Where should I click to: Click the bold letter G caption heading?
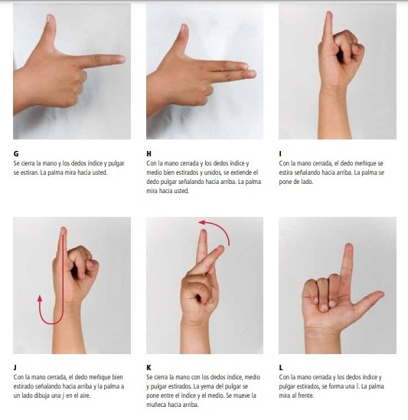click(16, 154)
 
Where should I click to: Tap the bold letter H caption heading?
click(149, 154)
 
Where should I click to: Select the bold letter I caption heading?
click(280, 154)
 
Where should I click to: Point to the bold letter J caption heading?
click(15, 368)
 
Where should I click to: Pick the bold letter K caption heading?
click(149, 368)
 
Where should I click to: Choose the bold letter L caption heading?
click(281, 368)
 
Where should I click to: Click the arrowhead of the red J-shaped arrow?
click(40, 297)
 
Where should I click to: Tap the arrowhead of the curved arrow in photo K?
click(201, 222)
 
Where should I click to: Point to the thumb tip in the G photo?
click(51, 18)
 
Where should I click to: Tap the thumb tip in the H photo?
click(184, 27)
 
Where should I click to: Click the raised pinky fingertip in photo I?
click(329, 15)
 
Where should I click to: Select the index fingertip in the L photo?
click(349, 247)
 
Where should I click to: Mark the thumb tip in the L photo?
click(381, 294)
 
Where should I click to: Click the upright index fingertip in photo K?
click(204, 232)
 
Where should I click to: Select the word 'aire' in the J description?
click(83, 395)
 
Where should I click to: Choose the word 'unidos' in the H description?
click(213, 172)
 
